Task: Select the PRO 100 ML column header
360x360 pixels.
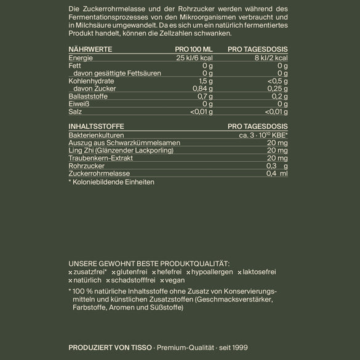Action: [x=193, y=49]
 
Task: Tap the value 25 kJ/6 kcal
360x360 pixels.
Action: [x=194, y=57]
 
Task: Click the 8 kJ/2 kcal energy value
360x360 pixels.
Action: [x=271, y=57]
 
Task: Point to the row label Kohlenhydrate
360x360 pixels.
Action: [x=90, y=81]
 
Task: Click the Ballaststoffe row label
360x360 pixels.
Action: [x=89, y=96]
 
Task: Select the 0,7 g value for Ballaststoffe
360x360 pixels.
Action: [x=205, y=96]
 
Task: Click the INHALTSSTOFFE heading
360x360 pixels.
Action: [x=92, y=126]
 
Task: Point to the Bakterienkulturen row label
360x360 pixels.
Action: [x=96, y=135]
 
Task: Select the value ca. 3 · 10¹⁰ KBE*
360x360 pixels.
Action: [x=263, y=135]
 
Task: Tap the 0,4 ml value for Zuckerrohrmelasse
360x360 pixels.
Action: [x=276, y=174]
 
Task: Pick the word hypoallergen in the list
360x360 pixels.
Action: [x=212, y=271]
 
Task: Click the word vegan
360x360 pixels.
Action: [x=175, y=280]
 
